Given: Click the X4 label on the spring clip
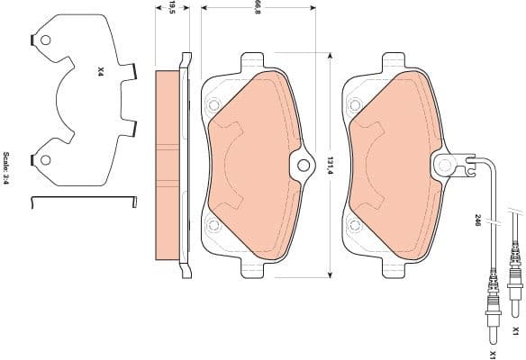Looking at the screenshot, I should pos(101,68).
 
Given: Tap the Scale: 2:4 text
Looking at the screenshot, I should pos(7,169).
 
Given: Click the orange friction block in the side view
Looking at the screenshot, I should pos(168,166).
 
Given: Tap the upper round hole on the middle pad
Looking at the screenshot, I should pos(213,104).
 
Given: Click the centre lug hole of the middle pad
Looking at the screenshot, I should pos(301,165).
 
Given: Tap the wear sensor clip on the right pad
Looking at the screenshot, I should pos(443,165).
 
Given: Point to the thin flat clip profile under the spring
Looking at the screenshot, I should pos(81,198).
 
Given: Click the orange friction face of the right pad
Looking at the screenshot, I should pos(387,162).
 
